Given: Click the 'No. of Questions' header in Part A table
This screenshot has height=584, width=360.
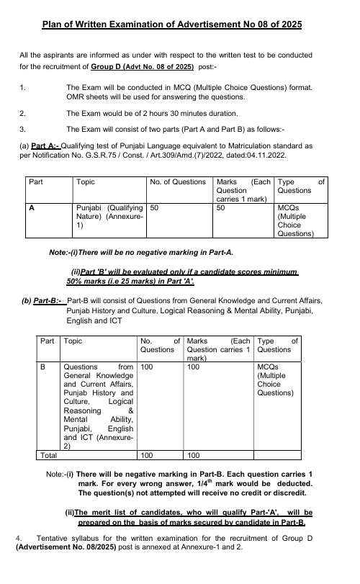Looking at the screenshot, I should [178, 182].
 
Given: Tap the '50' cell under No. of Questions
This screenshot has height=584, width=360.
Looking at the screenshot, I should [156, 207].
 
